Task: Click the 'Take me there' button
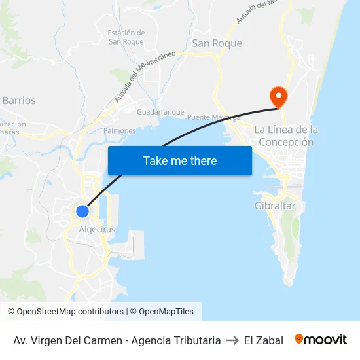coord(179,160)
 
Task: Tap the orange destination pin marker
coord(279,97)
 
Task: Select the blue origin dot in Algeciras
coord(82,211)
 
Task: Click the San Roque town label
coord(217,43)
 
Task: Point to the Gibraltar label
coord(275,206)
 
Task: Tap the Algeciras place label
coord(96,230)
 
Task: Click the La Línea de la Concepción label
coord(286,135)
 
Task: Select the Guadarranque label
coord(160,112)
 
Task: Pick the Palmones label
coord(119,131)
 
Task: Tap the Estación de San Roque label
coord(126,37)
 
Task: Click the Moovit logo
coord(321,340)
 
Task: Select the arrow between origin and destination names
coord(232,340)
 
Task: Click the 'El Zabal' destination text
coord(263,340)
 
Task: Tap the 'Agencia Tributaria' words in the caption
coord(176,340)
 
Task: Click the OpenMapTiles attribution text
coord(166,312)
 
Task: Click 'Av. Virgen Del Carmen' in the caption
coord(67,340)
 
